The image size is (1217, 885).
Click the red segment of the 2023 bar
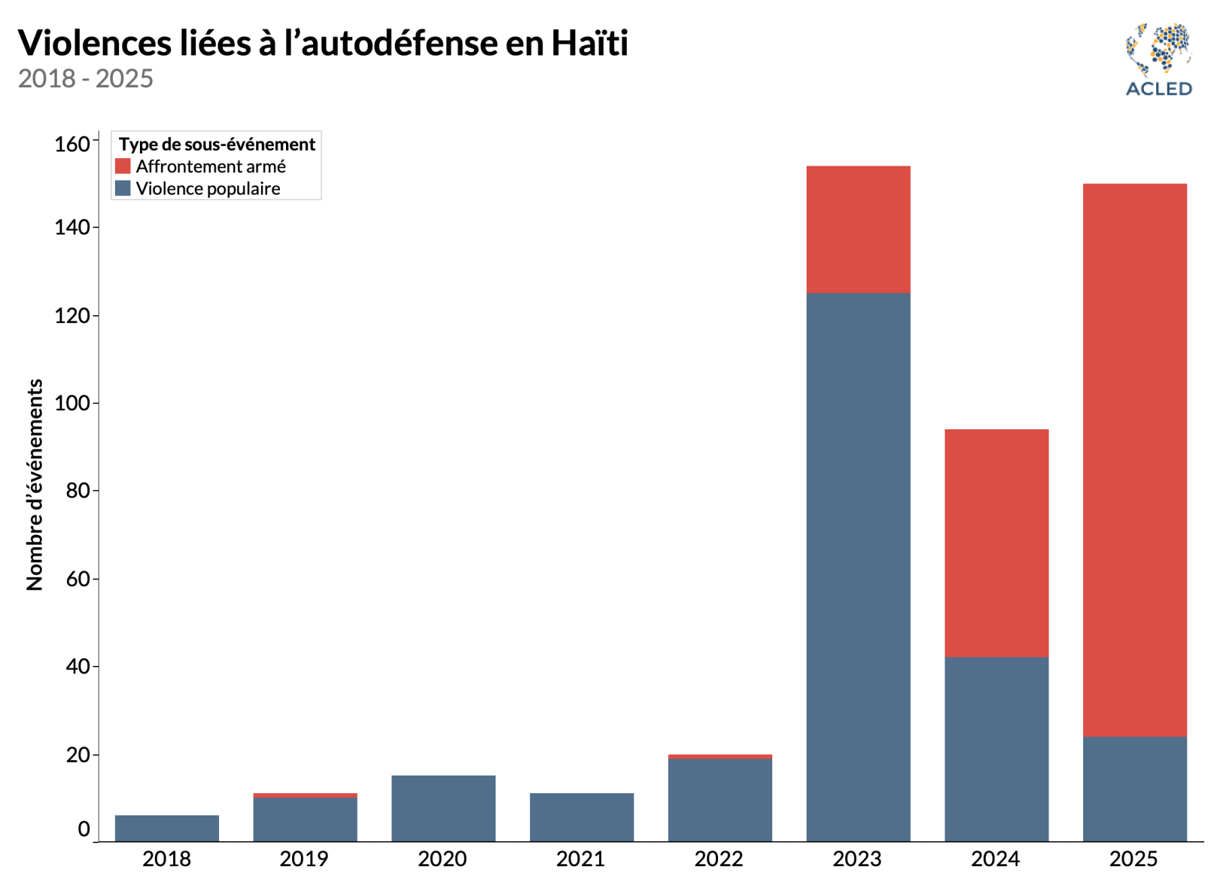[858, 229]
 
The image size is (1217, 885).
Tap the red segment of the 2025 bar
[1135, 460]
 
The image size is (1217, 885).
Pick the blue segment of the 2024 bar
[996, 749]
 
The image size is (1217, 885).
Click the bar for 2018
[167, 828]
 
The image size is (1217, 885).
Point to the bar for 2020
[443, 809]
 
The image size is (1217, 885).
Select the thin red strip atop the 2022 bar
[719, 757]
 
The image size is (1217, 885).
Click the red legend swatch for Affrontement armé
[122, 166]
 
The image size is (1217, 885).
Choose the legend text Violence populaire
[208, 189]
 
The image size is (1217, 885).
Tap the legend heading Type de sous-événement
[217, 144]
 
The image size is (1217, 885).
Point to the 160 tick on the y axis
[72, 144]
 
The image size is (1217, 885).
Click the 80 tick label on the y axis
[78, 491]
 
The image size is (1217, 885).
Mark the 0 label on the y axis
[84, 829]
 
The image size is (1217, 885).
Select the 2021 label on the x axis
[581, 859]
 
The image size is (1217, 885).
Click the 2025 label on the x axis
[1134, 859]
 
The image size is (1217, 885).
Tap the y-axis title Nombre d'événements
[34, 484]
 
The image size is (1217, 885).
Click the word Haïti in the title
[590, 43]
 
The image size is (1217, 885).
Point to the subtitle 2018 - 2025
[86, 78]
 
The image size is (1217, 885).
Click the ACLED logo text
[1158, 89]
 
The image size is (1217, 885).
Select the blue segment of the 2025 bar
[1135, 789]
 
